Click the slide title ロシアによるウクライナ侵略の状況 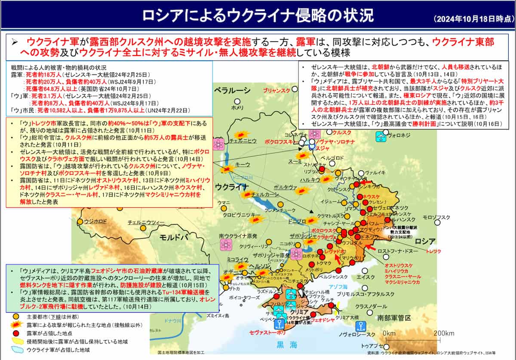[258, 16]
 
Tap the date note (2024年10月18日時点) [473, 19]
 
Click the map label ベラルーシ [233, 90]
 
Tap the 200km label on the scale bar [444, 333]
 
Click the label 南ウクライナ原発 [238, 236]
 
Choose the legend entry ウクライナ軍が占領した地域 [58, 350]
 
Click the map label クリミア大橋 [347, 317]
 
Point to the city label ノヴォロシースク [356, 334]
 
